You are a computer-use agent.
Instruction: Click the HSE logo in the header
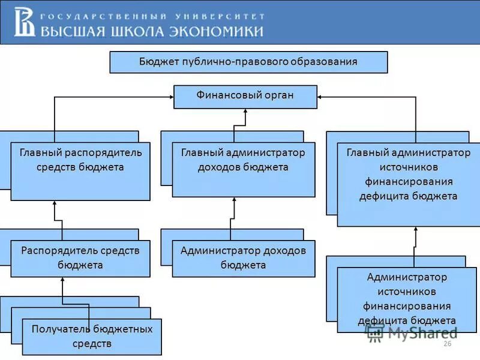(x=25, y=22)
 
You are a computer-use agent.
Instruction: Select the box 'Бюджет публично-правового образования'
(x=248, y=62)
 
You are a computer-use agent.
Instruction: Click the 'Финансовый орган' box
(x=245, y=97)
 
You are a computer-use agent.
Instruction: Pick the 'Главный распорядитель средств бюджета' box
(x=80, y=171)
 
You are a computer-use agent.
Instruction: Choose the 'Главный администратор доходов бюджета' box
(x=243, y=169)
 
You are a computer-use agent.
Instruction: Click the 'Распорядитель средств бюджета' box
(x=80, y=259)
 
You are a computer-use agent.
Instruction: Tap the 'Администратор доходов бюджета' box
(x=243, y=259)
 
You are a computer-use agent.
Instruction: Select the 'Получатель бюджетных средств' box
(x=92, y=337)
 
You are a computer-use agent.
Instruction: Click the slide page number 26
(x=447, y=343)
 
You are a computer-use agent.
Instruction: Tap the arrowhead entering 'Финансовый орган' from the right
(x=321, y=97)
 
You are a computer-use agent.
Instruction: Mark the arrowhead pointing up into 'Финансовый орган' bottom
(x=245, y=112)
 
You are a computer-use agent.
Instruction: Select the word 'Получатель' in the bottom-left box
(x=58, y=329)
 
